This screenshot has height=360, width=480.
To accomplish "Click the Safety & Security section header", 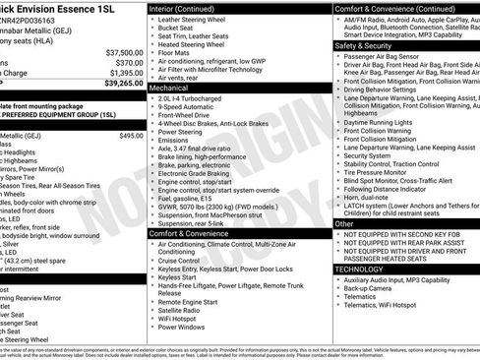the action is [363, 45].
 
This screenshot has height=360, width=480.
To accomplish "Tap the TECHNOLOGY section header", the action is [358, 268].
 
